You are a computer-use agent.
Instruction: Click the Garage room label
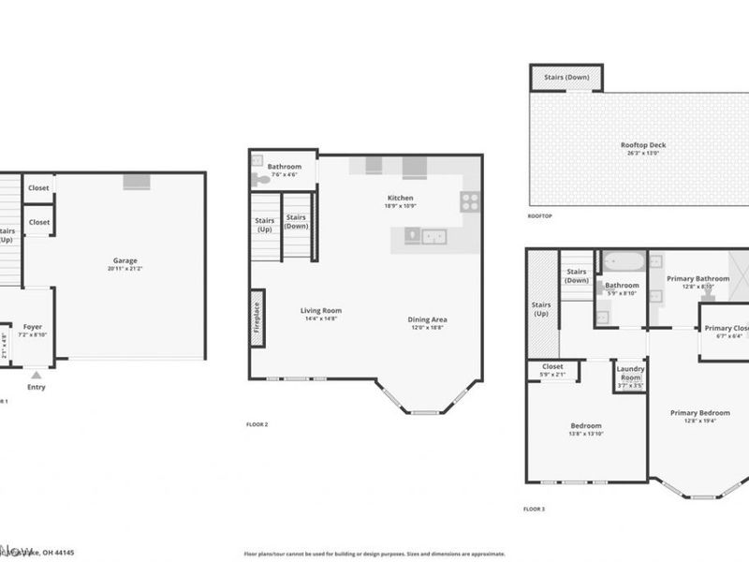(125, 260)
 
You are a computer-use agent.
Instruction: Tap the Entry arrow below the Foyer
(37, 374)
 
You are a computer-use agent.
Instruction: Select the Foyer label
(33, 327)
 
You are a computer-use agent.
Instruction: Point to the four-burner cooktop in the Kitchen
(470, 200)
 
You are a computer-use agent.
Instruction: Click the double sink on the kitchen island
(432, 236)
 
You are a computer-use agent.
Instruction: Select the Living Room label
(320, 311)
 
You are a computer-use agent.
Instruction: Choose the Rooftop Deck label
(643, 145)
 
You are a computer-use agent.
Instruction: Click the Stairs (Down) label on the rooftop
(566, 77)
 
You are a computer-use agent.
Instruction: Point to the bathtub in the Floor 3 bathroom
(622, 262)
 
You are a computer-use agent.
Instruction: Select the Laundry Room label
(629, 373)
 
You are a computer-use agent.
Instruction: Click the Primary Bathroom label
(698, 278)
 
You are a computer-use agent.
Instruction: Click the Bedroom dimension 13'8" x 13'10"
(586, 435)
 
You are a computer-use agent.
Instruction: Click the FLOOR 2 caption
(257, 424)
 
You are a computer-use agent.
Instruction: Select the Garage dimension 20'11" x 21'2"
(125, 269)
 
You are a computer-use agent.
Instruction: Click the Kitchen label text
(401, 198)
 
